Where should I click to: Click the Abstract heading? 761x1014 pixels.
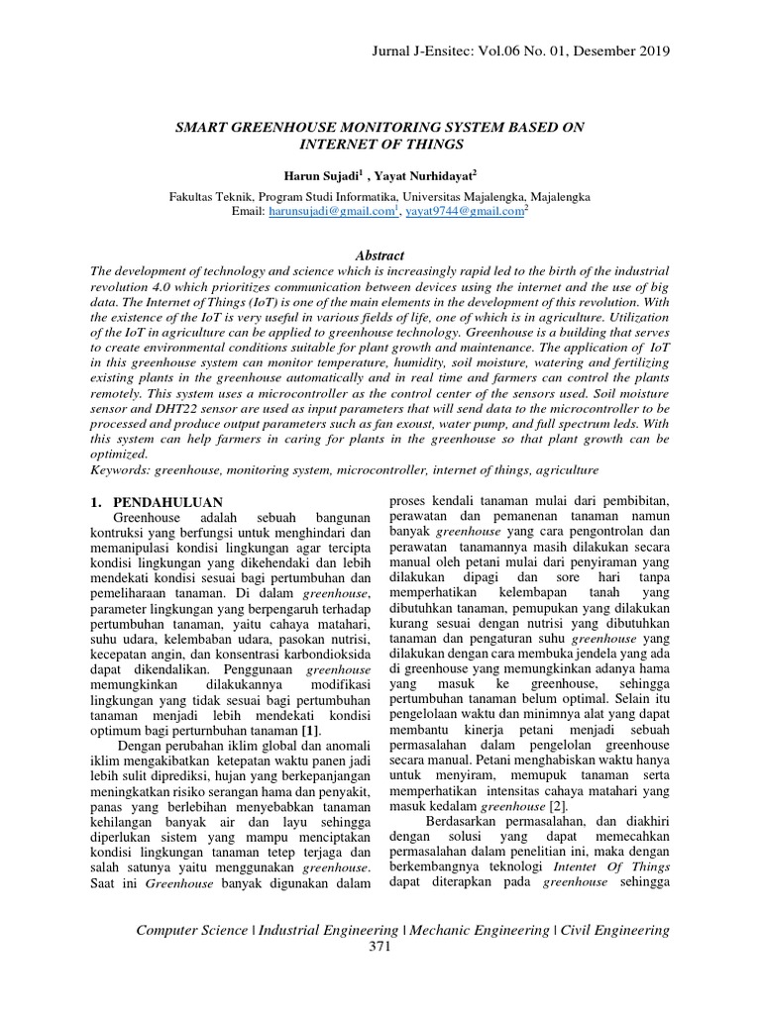(380, 254)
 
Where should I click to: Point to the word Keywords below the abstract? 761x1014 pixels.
(120, 468)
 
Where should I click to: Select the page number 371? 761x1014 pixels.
(380, 948)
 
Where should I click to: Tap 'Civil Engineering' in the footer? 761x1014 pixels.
(614, 930)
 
